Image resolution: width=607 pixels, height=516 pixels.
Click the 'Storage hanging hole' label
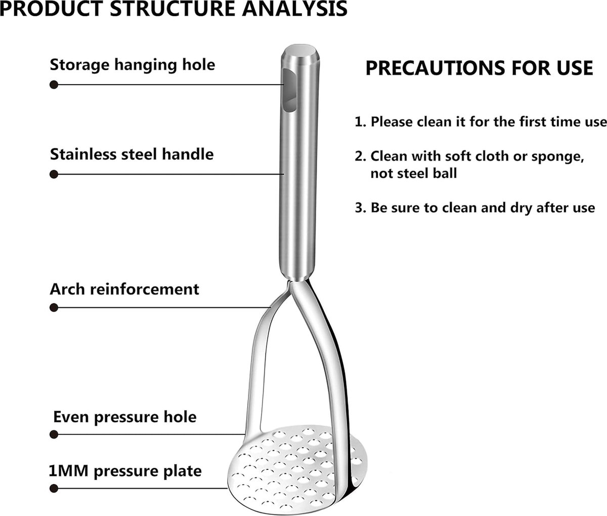coord(132,65)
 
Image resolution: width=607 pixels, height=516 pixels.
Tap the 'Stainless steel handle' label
coord(132,154)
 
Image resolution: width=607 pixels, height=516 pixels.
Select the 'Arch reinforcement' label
coord(124,289)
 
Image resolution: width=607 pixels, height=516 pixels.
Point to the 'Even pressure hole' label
coord(125,417)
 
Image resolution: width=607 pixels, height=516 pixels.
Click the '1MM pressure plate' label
coord(125,471)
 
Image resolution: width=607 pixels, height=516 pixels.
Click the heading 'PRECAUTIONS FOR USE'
coord(479,68)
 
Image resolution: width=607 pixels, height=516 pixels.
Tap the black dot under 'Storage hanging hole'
coord(54,85)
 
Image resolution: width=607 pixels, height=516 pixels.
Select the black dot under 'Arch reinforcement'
coord(54,307)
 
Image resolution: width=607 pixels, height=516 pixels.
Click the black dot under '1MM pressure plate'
coord(54,488)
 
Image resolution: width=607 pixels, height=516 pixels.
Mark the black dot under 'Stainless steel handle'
coord(54,174)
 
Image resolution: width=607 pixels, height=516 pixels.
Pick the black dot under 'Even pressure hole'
coord(54,434)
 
